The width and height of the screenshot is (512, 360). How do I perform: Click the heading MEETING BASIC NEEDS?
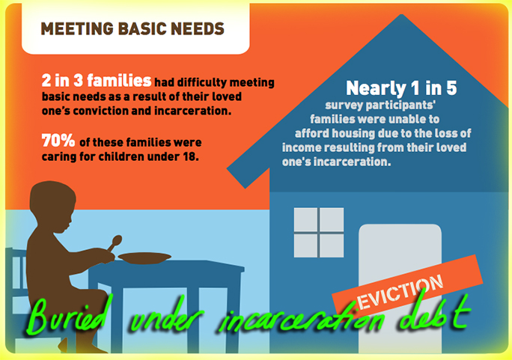click(132, 28)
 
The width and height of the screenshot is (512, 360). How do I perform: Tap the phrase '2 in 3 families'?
click(97, 80)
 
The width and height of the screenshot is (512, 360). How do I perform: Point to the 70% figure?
click(58, 141)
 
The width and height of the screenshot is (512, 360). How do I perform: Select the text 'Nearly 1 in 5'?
click(401, 88)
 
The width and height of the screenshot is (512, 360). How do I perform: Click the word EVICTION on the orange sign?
click(400, 292)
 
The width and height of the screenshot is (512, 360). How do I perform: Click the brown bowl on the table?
click(144, 258)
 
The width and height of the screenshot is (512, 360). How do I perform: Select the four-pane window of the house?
click(319, 232)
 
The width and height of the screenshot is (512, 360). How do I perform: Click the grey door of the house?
click(400, 288)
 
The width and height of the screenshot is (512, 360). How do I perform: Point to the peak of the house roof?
click(401, 15)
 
